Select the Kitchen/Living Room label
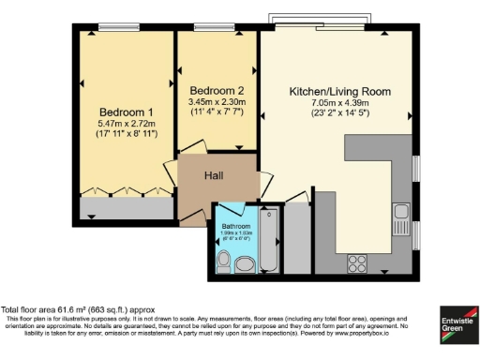tap(338, 92)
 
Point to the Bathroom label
tap(236, 226)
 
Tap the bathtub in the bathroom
tap(269, 239)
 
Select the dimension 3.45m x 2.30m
tap(217, 101)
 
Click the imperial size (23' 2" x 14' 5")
tap(338, 116)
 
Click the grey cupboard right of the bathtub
tap(296, 239)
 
